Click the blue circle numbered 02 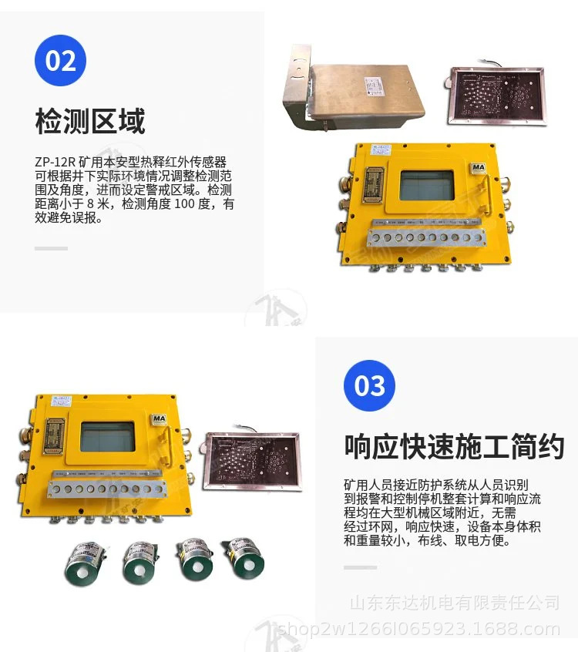pos(61,60)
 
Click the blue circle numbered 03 pos(369,385)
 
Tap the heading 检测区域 pos(90,121)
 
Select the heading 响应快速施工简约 pos(454,446)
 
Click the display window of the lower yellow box pos(108,436)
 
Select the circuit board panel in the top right pos(497,95)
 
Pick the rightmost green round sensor pos(243,559)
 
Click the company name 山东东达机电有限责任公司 pos(455,602)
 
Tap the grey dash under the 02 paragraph pos(52,248)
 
